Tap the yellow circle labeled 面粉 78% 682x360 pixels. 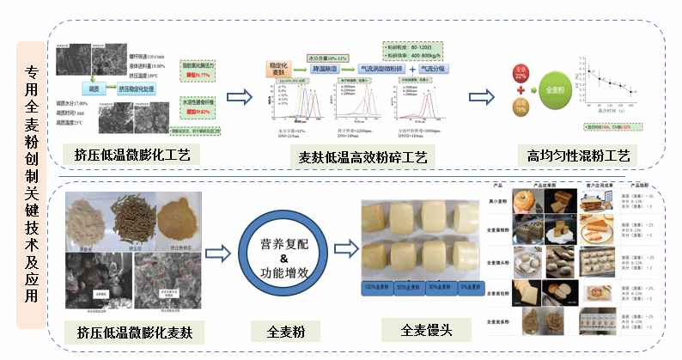point(520,107)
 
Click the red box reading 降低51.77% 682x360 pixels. point(199,76)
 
